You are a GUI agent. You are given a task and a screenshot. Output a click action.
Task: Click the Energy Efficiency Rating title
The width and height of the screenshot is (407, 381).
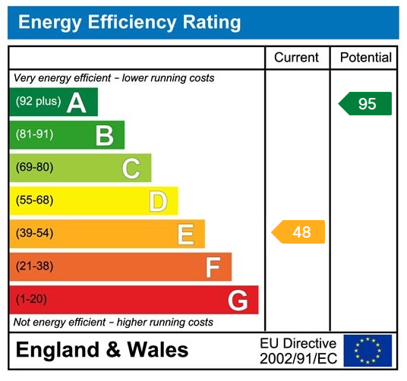(x=129, y=22)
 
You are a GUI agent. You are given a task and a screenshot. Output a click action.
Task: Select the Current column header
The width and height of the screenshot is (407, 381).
(x=296, y=58)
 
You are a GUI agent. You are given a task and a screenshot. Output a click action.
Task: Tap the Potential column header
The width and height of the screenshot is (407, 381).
(x=366, y=58)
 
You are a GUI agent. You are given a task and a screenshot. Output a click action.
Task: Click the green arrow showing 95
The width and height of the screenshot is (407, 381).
(x=366, y=103)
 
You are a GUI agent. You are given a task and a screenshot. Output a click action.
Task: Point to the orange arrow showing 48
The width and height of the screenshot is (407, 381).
(x=299, y=232)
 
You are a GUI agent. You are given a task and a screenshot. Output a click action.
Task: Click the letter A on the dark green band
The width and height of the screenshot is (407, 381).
(x=76, y=102)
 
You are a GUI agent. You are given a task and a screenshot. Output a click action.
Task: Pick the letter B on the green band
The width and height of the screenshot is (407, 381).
(x=104, y=136)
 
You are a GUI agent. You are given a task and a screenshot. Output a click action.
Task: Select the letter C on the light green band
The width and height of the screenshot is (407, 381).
(x=131, y=168)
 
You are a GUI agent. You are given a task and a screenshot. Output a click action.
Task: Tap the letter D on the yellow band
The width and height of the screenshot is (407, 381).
(x=157, y=201)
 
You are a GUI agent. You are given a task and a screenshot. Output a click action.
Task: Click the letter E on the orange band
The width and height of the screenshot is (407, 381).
(x=185, y=234)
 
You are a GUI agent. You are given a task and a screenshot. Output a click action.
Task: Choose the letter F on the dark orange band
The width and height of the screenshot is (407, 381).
(x=213, y=267)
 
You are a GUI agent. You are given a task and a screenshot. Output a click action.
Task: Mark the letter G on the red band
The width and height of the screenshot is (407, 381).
(x=238, y=301)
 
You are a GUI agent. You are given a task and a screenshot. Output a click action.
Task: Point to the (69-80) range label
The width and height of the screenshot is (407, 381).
(x=35, y=168)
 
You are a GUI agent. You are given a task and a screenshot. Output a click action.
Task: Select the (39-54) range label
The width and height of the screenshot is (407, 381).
(x=35, y=233)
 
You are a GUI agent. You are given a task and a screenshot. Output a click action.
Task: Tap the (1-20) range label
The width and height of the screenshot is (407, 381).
(x=32, y=299)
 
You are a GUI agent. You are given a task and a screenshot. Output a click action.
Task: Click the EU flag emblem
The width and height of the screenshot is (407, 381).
(x=368, y=351)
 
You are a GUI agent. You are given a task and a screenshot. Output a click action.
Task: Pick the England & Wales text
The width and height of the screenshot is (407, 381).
(x=103, y=350)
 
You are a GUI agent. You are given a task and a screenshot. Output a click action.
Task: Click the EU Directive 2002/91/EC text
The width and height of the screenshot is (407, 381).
(x=298, y=351)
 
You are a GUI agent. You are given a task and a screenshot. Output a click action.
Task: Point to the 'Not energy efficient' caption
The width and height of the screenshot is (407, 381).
(x=114, y=323)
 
